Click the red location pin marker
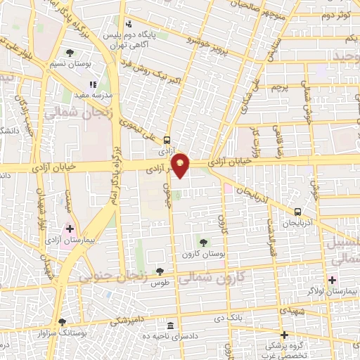click(x=181, y=165)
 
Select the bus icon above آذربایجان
click(x=298, y=211)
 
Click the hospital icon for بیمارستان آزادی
click(x=70, y=229)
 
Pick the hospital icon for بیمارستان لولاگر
click(x=332, y=280)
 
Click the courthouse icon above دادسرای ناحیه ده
click(x=171, y=326)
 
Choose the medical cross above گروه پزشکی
click(x=284, y=335)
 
